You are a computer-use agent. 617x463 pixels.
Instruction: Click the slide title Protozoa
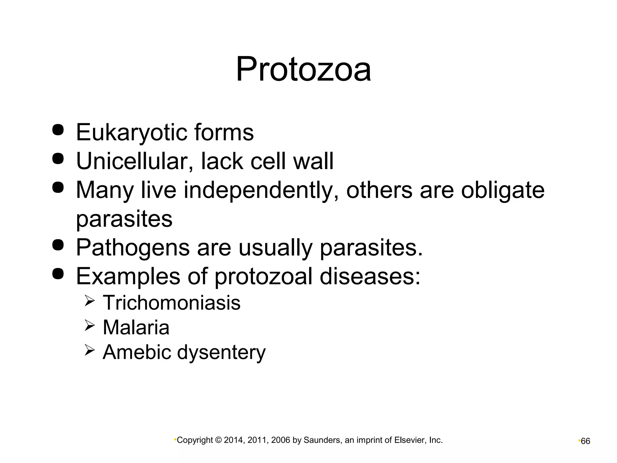(x=303, y=70)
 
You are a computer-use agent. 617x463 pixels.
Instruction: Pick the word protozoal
(x=263, y=276)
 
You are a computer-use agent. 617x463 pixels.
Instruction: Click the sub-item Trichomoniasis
(x=171, y=302)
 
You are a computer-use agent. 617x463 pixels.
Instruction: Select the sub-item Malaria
(x=136, y=327)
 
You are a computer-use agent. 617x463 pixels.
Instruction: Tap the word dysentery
(x=221, y=352)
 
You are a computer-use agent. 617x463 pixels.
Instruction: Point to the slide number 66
(x=585, y=441)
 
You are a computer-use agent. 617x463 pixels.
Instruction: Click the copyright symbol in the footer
(x=218, y=440)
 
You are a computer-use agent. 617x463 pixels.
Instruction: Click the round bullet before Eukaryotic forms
(x=58, y=130)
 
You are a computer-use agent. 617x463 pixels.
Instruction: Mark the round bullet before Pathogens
(x=58, y=245)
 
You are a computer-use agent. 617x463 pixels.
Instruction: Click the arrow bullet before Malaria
(x=90, y=326)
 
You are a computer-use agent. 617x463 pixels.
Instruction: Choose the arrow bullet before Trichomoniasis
(x=90, y=301)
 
